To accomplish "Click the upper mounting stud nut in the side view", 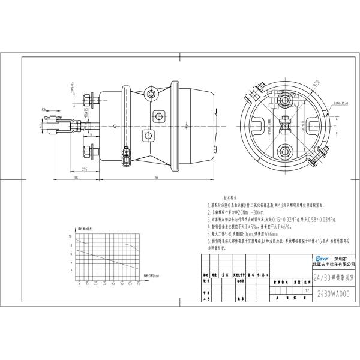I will (90, 99).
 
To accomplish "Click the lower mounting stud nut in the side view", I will (90, 150).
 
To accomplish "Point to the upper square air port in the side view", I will (160, 115).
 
